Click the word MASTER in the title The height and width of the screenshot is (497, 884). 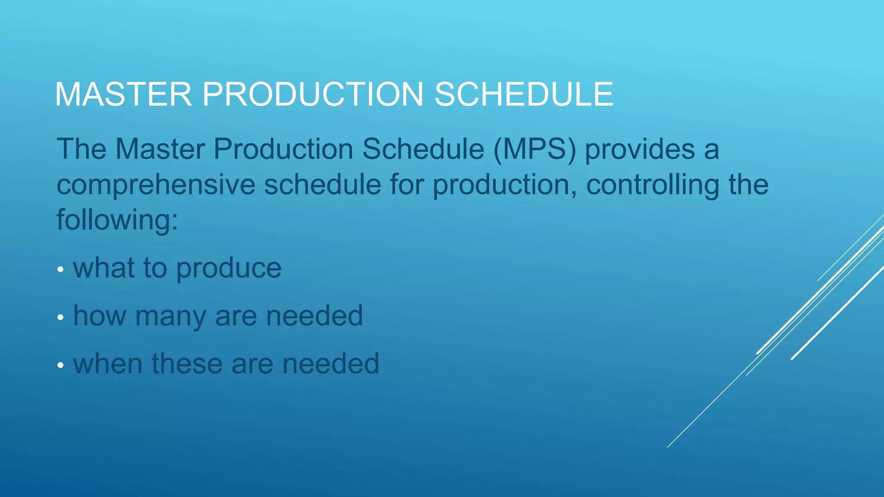(123, 94)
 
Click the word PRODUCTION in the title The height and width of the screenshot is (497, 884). (313, 94)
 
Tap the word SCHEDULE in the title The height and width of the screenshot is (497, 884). (524, 94)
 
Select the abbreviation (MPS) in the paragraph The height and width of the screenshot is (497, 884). (535, 150)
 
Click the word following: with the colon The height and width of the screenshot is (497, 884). (117, 220)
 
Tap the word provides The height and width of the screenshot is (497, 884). (640, 150)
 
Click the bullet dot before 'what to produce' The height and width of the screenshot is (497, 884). (60, 270)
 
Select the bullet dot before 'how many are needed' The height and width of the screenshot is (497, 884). (60, 318)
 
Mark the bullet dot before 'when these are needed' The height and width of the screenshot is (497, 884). (60, 365)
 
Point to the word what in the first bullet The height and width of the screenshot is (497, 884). (104, 268)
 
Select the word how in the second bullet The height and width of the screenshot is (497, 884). (100, 316)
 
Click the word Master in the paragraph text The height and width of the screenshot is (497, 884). (160, 150)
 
